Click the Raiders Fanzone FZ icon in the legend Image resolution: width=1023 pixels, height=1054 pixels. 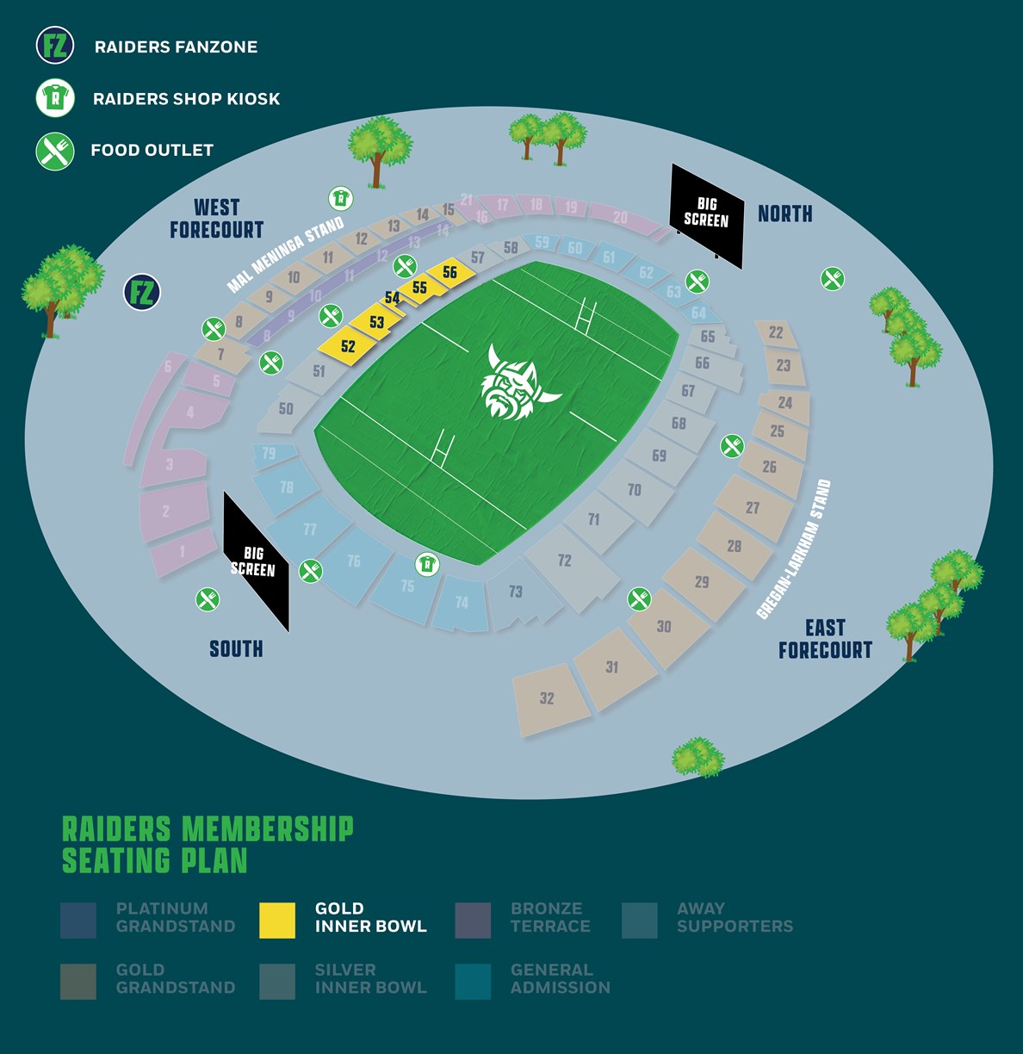coord(55,46)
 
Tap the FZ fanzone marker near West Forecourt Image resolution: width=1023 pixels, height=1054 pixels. coord(142,293)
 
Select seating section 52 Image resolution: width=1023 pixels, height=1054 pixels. coord(347,346)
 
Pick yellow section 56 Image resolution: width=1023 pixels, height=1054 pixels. coord(449,272)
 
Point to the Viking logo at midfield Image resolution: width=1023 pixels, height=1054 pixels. coord(514,384)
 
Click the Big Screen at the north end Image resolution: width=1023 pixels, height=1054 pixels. coord(706,214)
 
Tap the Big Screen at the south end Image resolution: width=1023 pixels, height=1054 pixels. coord(254,561)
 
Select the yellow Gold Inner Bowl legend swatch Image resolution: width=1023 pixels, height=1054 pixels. coord(277,920)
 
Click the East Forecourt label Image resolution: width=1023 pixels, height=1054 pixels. coord(825,639)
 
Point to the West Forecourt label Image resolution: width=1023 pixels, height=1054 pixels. coord(216,219)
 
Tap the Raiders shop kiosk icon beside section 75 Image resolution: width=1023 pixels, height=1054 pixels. coord(427,565)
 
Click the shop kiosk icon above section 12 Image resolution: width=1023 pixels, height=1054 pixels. coord(341,199)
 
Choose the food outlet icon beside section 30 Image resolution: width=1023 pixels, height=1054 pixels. coord(639,598)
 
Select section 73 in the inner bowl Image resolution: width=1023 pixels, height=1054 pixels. coord(516,592)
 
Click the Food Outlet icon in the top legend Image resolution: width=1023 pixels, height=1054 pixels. coord(55,151)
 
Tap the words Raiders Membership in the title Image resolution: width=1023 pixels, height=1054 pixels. coord(208,829)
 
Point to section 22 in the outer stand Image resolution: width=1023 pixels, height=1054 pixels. coord(776,332)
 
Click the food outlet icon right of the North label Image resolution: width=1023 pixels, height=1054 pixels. coord(832,279)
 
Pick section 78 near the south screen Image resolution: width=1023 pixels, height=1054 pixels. coord(287,487)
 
